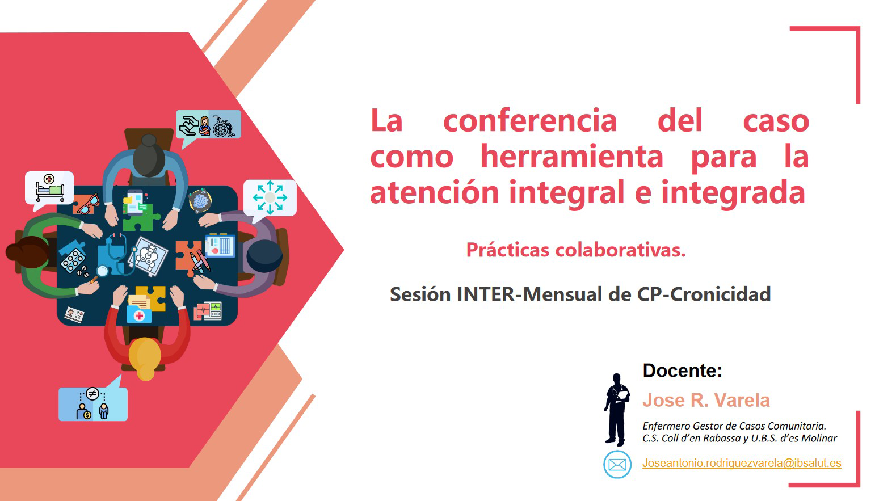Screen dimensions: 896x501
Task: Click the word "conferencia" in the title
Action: (x=530, y=120)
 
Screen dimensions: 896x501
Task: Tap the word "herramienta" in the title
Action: (x=572, y=157)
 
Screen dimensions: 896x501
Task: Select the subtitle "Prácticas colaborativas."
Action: (x=576, y=250)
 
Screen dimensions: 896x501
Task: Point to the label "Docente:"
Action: (x=683, y=371)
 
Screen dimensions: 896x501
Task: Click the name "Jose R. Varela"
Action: (x=706, y=400)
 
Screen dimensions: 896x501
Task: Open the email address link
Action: (x=742, y=463)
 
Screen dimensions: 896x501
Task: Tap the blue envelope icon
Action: (x=617, y=465)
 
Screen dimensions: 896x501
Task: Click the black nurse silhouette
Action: (x=617, y=410)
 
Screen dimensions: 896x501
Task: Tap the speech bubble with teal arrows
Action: (x=270, y=198)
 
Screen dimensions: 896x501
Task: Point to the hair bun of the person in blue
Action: (x=149, y=140)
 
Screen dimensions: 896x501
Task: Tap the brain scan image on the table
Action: (x=200, y=200)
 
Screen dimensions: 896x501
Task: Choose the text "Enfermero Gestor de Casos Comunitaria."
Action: (x=734, y=426)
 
